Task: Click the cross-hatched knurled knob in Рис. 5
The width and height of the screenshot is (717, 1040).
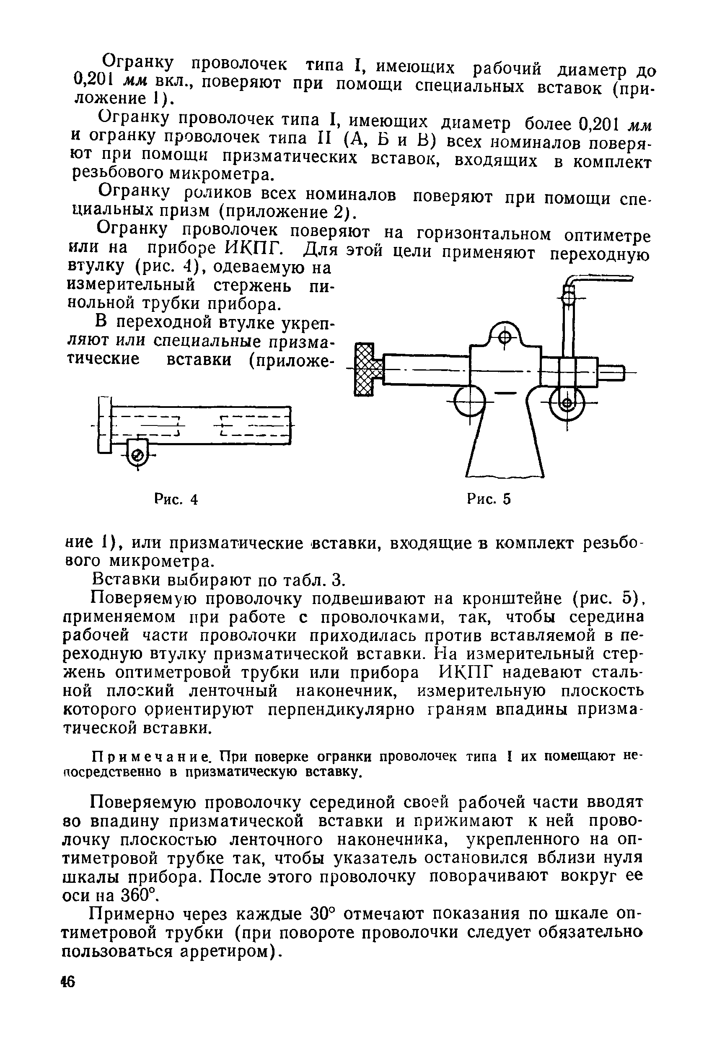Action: click(364, 369)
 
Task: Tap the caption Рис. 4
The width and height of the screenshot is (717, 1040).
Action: click(176, 499)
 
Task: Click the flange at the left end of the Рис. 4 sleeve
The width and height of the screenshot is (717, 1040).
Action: click(104, 425)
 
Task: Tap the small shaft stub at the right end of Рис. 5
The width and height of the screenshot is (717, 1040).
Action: click(611, 373)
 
